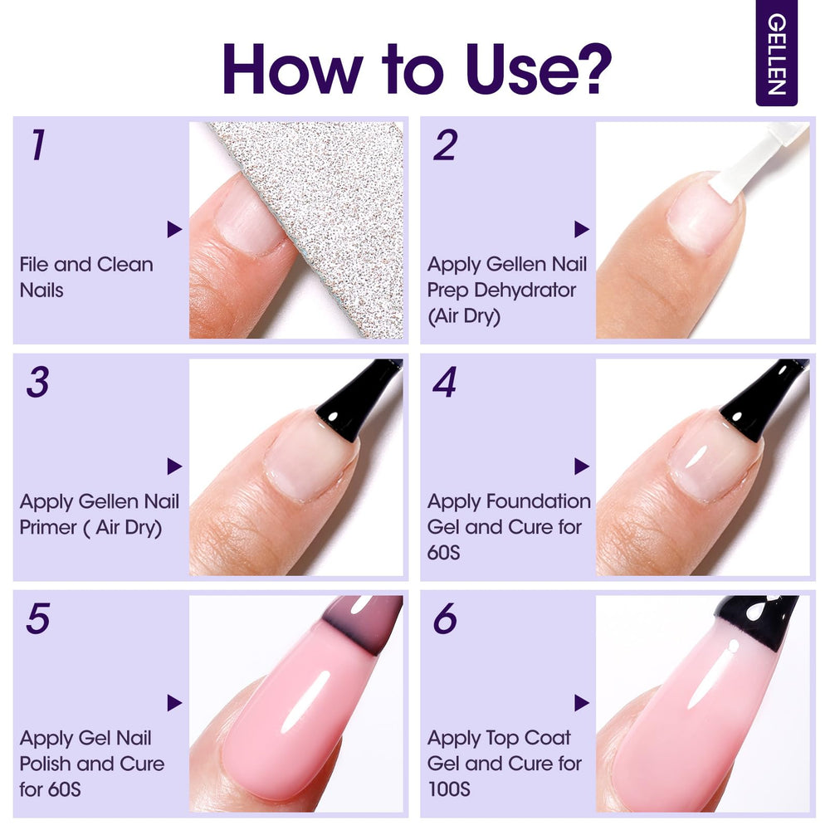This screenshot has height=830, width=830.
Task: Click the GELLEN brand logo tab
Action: click(776, 53)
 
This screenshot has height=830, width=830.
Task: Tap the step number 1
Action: click(37, 144)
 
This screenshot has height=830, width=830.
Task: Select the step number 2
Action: click(445, 144)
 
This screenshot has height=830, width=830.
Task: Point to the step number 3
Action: click(37, 382)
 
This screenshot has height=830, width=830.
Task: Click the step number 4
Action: click(445, 382)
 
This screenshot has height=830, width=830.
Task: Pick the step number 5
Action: click(38, 618)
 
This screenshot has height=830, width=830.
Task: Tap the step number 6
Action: click(445, 618)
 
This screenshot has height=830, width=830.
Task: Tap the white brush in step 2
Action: click(757, 159)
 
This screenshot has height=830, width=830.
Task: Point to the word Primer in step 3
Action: click(48, 527)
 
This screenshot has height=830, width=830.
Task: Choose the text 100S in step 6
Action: click(449, 789)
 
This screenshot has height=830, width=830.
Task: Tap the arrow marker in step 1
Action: click(174, 229)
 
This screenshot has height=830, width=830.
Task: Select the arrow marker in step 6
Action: click(581, 703)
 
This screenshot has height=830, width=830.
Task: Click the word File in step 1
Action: click(34, 264)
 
